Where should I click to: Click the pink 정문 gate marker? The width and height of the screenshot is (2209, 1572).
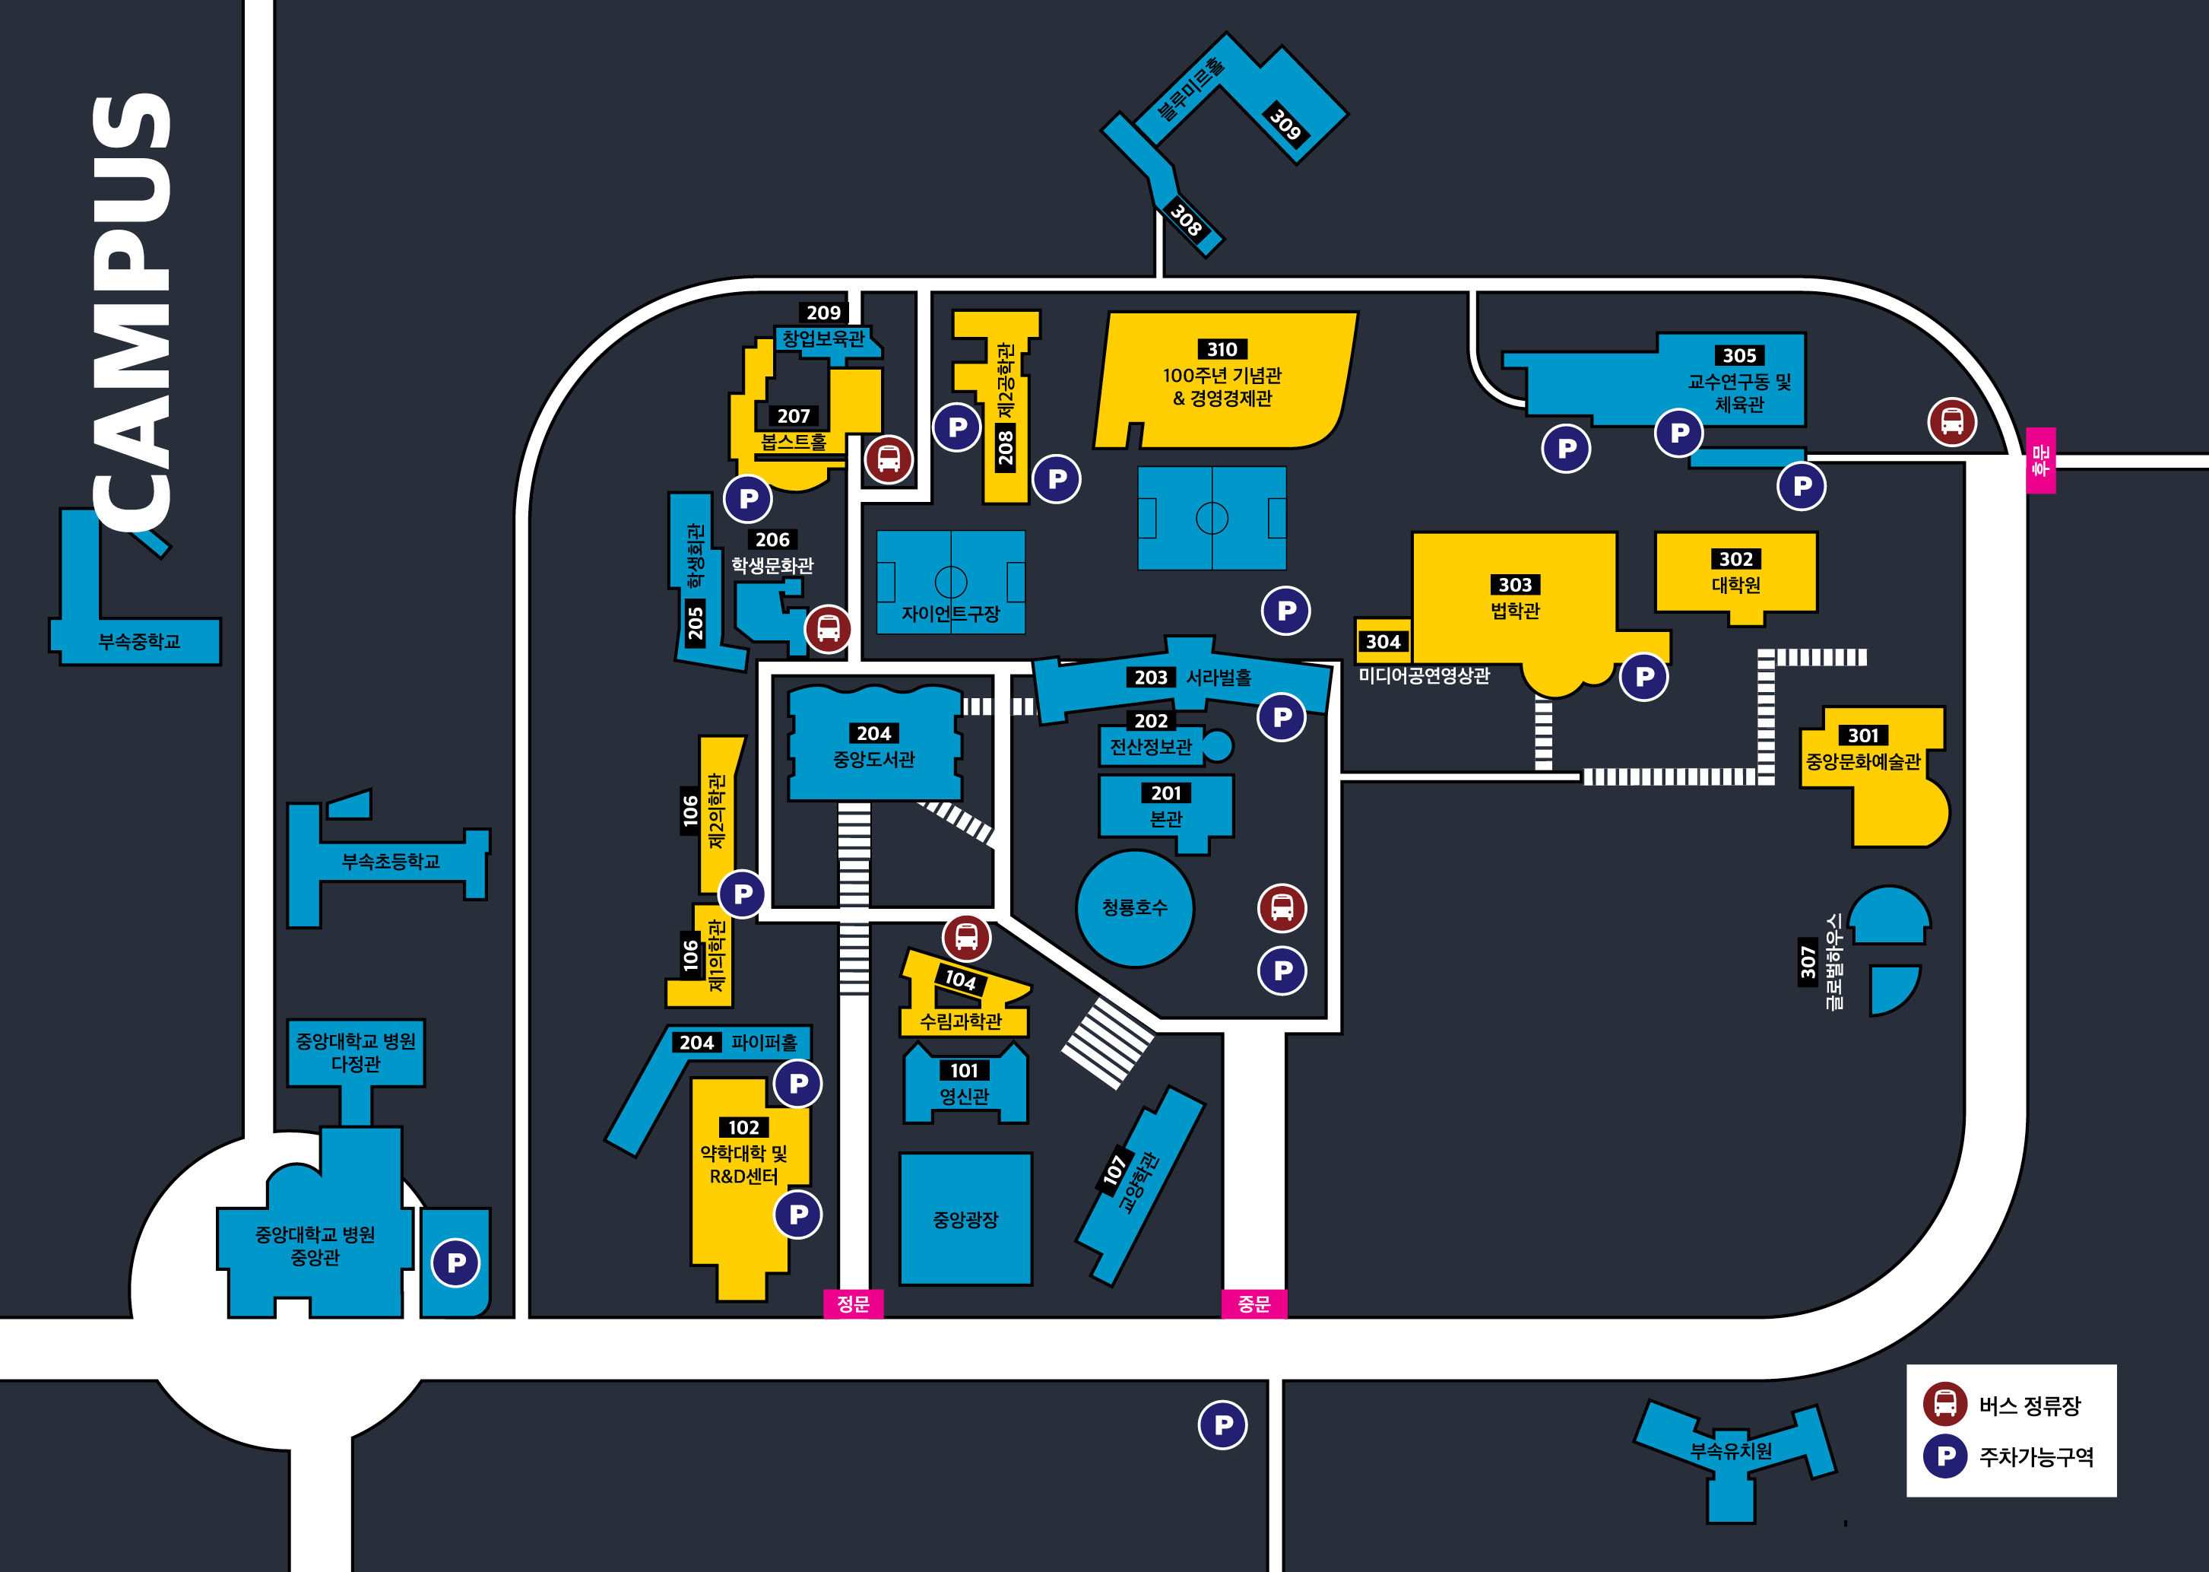(852, 1304)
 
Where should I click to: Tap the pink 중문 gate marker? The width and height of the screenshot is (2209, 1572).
(1254, 1304)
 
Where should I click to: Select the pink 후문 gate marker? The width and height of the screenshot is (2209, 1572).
(2041, 460)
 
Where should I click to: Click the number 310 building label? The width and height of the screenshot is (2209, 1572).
(1222, 349)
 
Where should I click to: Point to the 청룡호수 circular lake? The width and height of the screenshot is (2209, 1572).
(1135, 908)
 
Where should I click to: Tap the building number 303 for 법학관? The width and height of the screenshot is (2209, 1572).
(1515, 585)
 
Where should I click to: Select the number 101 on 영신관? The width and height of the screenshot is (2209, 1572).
(964, 1071)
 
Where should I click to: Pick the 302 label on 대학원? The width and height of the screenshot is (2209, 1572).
(1736, 560)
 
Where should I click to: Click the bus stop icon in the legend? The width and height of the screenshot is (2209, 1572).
(1945, 1404)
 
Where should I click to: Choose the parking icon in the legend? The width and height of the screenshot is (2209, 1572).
(1945, 1456)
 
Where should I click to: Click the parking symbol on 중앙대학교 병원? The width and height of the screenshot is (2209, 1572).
(456, 1262)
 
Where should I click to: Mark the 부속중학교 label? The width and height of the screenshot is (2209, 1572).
(139, 642)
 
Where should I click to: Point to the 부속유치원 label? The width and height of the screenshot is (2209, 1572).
(1731, 1450)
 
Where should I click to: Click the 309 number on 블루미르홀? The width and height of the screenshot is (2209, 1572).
(1285, 124)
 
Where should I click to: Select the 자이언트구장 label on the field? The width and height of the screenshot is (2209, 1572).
(950, 614)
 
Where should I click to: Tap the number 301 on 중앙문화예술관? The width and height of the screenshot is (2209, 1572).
(1862, 735)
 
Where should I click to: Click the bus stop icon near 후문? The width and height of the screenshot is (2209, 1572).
(1951, 422)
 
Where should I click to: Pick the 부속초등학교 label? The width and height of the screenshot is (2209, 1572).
(391, 862)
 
